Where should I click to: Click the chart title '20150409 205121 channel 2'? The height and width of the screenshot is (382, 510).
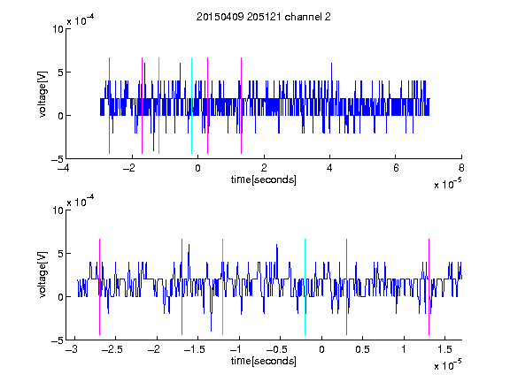coord(264,17)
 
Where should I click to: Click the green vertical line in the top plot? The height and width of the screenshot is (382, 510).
coord(158,105)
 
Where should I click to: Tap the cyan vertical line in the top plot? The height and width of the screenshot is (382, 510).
coord(191,105)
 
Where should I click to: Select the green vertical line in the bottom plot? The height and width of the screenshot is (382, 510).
coord(222,286)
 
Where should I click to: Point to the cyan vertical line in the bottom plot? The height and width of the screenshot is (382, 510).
coord(305,286)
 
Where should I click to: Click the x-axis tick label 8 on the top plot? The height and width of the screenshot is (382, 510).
coord(461,168)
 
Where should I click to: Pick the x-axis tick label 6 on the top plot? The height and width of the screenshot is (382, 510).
coord(396,168)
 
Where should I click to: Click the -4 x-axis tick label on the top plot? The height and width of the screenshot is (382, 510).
coord(64,168)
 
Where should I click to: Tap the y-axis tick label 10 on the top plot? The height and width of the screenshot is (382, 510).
coord(58,29)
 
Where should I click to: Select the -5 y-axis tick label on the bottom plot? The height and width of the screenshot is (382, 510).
coord(58,340)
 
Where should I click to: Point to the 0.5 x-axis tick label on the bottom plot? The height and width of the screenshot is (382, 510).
coord(362,349)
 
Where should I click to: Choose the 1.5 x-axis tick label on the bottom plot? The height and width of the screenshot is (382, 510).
coord(444,349)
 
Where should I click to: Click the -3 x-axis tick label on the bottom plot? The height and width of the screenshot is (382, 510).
coord(72,349)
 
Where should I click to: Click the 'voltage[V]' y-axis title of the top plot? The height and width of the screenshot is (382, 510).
coord(42,94)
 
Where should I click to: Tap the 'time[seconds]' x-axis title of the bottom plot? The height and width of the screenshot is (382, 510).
coord(264,361)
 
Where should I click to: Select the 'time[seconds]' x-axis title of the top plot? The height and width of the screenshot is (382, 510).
coord(264,180)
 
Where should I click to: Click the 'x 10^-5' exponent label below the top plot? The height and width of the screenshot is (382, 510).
coord(447,184)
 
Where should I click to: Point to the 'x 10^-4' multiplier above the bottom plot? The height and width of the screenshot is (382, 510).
coord(81,202)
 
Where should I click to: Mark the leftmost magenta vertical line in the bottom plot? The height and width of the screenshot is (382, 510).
coord(99,286)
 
